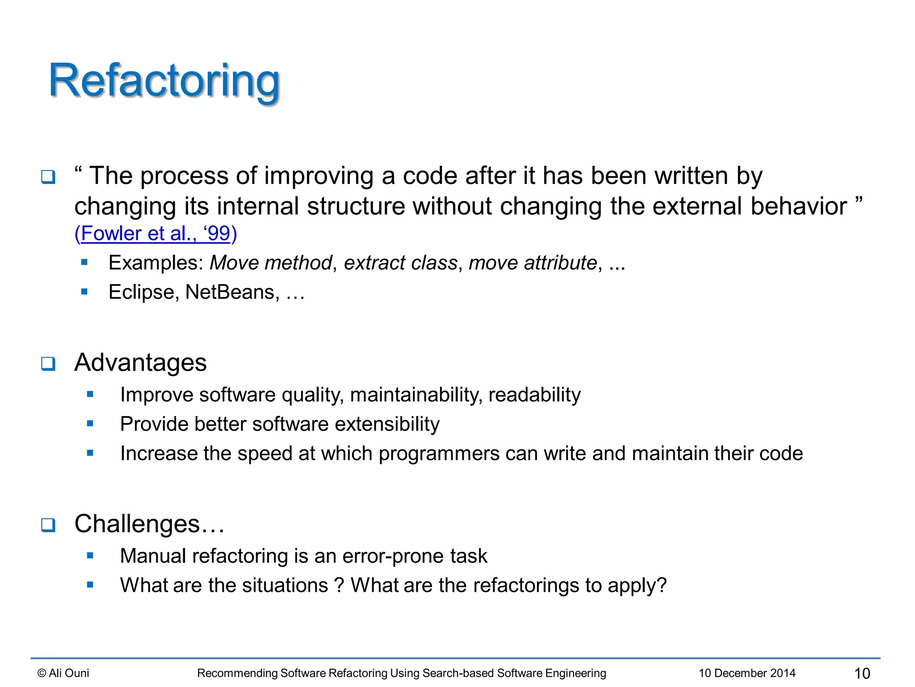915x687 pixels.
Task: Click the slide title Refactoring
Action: (x=164, y=81)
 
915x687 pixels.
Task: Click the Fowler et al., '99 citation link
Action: (x=155, y=233)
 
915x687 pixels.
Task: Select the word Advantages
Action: (x=140, y=362)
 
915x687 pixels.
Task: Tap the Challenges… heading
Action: (x=149, y=524)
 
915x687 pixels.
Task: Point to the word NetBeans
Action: (x=230, y=292)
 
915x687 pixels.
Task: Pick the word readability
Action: (x=534, y=395)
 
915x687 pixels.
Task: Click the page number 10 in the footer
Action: (x=862, y=673)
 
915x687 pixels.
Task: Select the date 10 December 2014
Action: (x=747, y=673)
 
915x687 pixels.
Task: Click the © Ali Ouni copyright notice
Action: (x=63, y=673)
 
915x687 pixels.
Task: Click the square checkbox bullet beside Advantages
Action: (x=48, y=364)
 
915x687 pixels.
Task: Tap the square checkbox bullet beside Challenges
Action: (x=48, y=525)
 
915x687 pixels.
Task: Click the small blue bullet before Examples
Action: (x=84, y=263)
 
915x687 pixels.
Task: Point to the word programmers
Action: (x=439, y=454)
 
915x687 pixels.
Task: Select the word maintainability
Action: (x=416, y=395)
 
